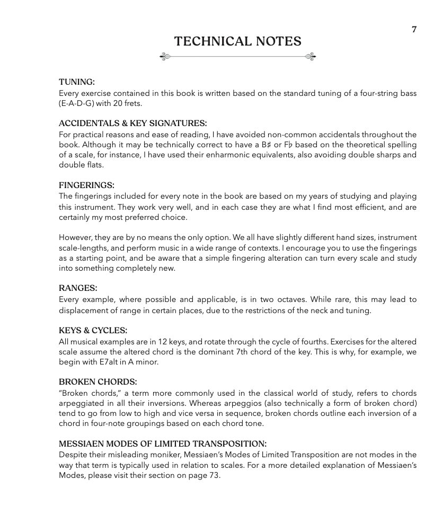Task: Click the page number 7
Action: tap(414, 30)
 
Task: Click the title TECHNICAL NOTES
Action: tap(237, 41)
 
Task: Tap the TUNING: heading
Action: tap(77, 82)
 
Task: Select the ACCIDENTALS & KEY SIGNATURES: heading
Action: tap(132, 123)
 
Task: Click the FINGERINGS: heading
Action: tap(86, 185)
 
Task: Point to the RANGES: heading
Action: tap(78, 288)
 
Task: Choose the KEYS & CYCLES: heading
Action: tap(93, 330)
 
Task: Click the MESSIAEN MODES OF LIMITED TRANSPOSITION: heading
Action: tap(162, 443)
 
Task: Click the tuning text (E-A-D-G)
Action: tap(80, 104)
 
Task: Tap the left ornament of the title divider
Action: tap(165, 56)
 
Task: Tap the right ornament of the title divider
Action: tap(311, 56)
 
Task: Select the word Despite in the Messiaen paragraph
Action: tap(72, 455)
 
